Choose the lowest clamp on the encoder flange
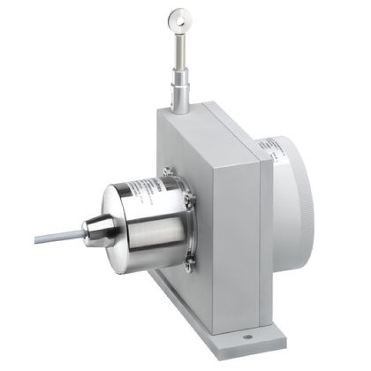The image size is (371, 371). (x=188, y=262)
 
